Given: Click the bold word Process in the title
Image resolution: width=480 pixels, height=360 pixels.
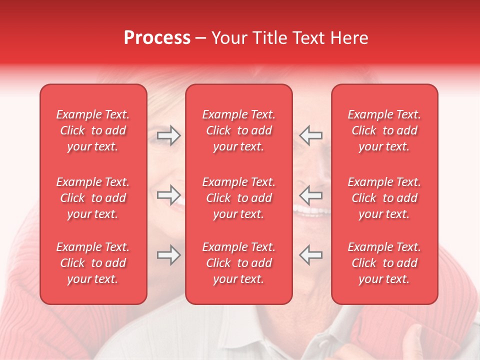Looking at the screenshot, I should coord(157,38).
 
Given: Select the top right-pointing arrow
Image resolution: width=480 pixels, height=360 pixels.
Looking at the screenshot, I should coord(168,135).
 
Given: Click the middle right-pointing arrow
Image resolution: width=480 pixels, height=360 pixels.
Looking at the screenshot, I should coord(168,194).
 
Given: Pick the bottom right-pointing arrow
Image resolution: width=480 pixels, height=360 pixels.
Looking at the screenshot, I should coord(168,254).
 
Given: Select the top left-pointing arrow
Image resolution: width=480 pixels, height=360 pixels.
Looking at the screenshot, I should coord(311,135).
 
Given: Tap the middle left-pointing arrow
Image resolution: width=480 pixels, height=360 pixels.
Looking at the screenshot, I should coord(311,194).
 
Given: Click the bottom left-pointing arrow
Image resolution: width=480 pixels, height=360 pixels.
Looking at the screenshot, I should coord(311,254).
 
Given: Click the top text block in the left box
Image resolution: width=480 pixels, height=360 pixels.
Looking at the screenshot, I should coord(93,130).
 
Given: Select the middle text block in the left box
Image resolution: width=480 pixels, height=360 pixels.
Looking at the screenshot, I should coord(93,198).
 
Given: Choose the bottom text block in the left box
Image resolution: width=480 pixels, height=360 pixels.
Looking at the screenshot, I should coord(93,263).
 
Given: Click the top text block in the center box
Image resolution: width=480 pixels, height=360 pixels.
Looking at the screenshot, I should coord(238,130).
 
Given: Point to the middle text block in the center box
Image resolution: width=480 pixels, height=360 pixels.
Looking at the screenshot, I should coord(238,198).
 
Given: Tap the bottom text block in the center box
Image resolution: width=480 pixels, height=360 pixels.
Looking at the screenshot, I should coord(238,263).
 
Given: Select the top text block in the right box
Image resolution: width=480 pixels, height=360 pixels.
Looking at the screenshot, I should coord(384,130).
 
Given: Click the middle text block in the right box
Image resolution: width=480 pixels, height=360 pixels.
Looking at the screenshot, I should coord(384,198).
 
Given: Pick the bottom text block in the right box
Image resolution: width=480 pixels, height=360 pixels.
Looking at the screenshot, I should coord(384,263).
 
